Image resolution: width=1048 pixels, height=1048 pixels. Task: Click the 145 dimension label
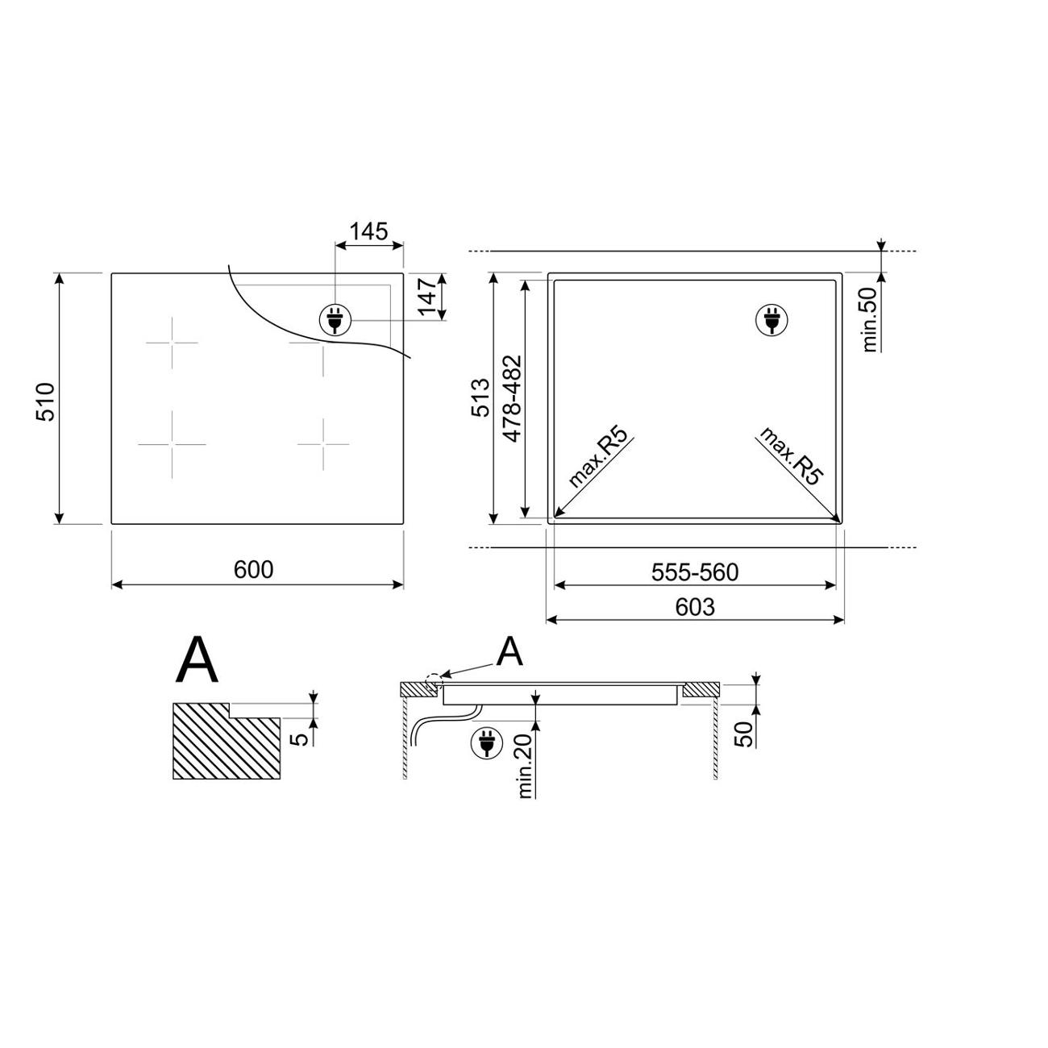click(368, 231)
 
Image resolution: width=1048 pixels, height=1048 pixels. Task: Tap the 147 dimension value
click(428, 297)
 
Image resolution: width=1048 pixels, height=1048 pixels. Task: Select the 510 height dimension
click(46, 402)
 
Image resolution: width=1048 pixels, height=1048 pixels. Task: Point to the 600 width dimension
click(253, 569)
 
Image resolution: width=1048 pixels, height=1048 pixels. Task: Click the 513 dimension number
click(480, 397)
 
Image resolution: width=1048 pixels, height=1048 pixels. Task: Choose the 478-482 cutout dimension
click(512, 398)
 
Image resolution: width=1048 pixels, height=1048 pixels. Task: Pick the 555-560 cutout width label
click(695, 572)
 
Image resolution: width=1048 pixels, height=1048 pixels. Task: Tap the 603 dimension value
click(695, 607)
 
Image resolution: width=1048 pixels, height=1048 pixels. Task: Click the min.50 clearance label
click(870, 319)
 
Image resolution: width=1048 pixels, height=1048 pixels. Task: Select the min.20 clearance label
click(525, 767)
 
